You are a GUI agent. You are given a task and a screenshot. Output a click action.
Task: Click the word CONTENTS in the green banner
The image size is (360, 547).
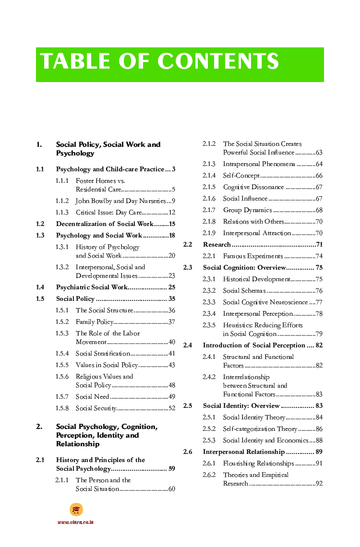[x=218, y=62]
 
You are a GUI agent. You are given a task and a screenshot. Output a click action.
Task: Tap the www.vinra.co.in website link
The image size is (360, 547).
[x=75, y=522]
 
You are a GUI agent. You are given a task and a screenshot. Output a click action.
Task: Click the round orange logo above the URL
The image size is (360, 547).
[x=76, y=510]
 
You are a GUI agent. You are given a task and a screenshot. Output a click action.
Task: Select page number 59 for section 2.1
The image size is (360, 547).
[x=171, y=469]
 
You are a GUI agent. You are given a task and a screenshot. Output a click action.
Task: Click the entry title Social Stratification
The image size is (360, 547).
[x=103, y=354]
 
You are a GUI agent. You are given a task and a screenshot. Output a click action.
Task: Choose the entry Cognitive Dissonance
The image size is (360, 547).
[x=253, y=187]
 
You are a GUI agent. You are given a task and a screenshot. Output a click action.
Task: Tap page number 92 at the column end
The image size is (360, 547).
[x=319, y=484]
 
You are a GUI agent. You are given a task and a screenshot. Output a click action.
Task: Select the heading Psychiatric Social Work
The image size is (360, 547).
[x=92, y=287]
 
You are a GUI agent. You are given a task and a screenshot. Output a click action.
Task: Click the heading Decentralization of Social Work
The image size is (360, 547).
[x=104, y=224]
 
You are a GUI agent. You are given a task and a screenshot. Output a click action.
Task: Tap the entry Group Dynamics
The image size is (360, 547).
[x=247, y=210]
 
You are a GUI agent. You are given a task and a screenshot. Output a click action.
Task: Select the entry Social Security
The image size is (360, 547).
[x=96, y=408]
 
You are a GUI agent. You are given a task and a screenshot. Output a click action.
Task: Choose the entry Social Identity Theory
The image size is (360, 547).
[x=254, y=417]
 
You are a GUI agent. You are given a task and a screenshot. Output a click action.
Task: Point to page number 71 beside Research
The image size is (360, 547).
[x=319, y=245]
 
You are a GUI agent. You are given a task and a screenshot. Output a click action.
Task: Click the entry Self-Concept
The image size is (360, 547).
[x=241, y=176]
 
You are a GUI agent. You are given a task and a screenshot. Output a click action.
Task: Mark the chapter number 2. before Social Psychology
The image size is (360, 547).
[x=39, y=427]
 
